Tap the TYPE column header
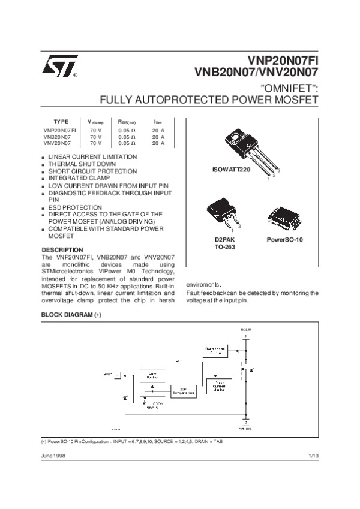(x=61, y=121)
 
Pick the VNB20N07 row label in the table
(x=57, y=137)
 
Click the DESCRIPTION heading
(x=62, y=249)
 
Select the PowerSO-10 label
(x=285, y=240)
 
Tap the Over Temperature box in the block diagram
(x=184, y=391)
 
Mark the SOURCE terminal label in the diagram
(x=245, y=429)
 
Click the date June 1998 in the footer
(x=53, y=456)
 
